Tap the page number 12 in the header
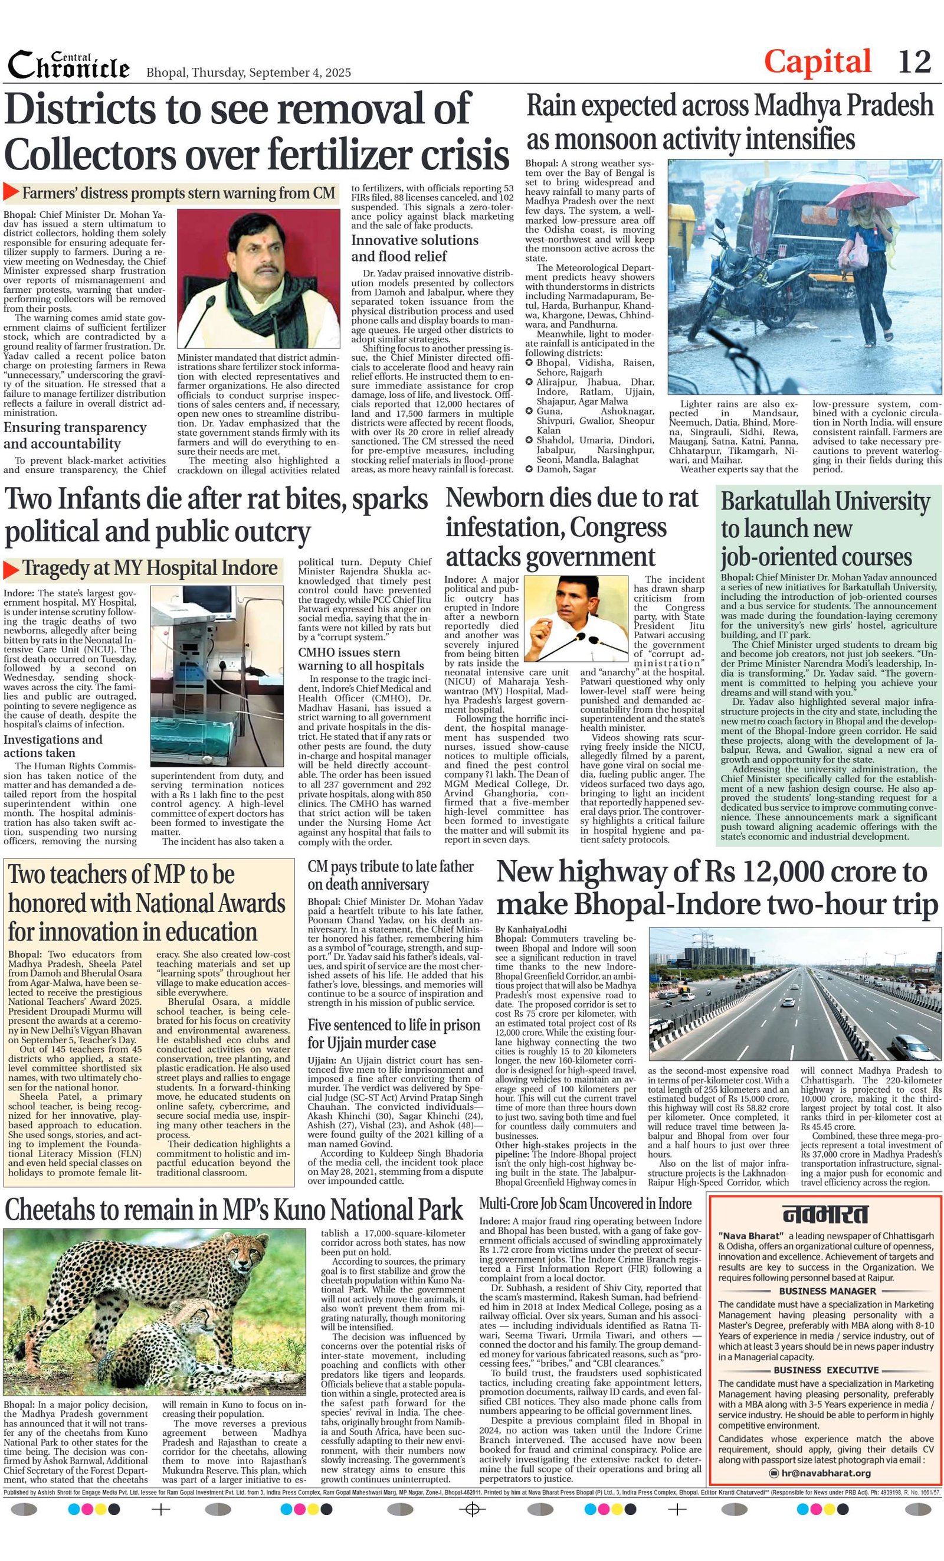(x=914, y=62)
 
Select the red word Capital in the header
(x=817, y=62)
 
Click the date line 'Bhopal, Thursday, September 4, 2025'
(x=248, y=73)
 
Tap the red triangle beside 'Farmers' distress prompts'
(x=11, y=192)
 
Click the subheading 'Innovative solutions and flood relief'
(x=415, y=248)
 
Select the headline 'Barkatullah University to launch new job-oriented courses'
(x=825, y=528)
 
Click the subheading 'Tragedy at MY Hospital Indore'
(x=150, y=569)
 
